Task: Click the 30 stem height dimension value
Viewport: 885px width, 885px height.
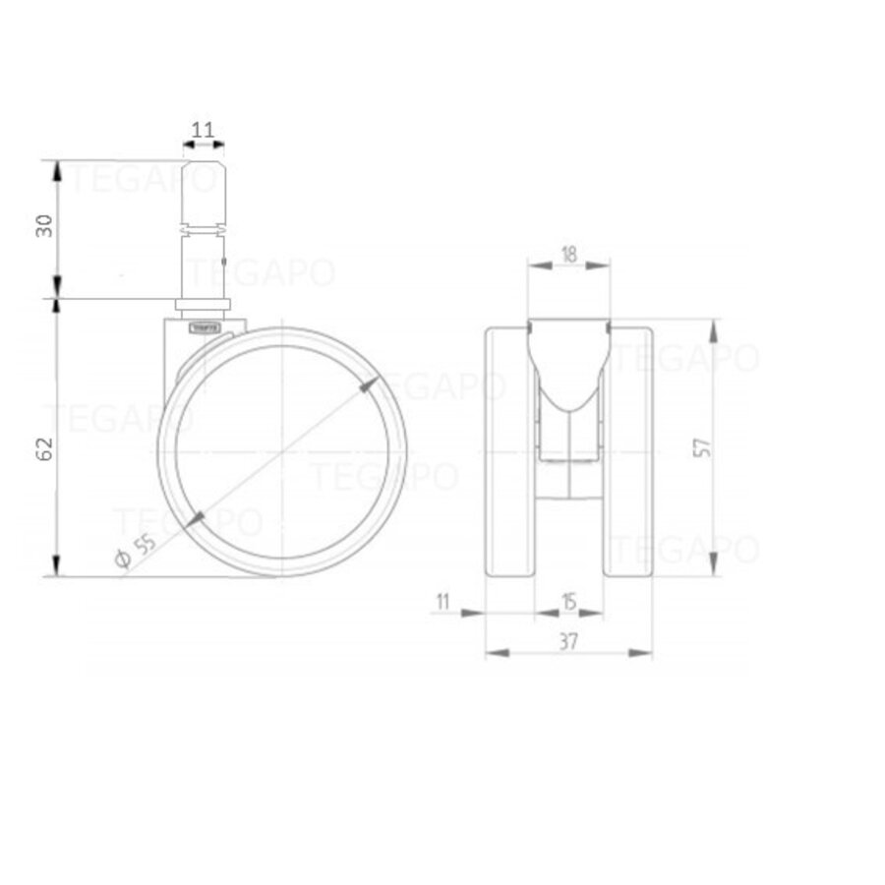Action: pos(42,226)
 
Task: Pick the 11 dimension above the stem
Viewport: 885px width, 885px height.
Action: pos(204,130)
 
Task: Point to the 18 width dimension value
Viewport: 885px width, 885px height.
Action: pos(568,253)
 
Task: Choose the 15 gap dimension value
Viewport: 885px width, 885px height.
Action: pos(568,600)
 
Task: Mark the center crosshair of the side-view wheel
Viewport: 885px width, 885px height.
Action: pos(281,451)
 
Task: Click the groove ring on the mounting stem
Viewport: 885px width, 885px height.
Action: pos(204,230)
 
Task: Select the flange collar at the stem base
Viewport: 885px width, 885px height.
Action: pos(204,304)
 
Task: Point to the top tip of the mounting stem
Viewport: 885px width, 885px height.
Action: pos(204,162)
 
